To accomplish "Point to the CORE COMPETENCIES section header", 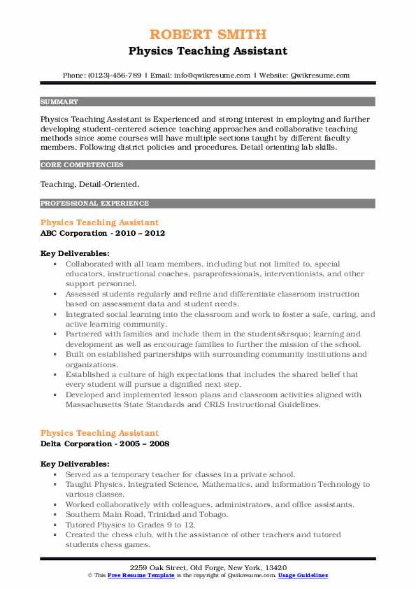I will pyautogui.click(x=82, y=165).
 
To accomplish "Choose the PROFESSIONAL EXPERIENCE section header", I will pyautogui.click(x=94, y=204).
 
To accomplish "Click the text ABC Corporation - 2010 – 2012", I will pyautogui.click(x=103, y=233).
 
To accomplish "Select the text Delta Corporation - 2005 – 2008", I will pyautogui.click(x=104, y=443).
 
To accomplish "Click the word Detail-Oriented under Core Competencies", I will pyautogui.click(x=110, y=184).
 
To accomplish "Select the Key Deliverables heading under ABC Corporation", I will pyautogui.click(x=75, y=253).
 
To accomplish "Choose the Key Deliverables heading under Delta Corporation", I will pyautogui.click(x=75, y=464).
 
